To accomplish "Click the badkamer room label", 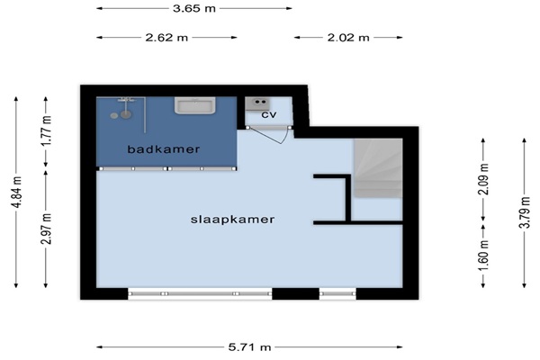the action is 164,149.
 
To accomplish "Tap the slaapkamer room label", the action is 233,220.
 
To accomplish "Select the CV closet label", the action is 268,114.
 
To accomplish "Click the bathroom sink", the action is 195,105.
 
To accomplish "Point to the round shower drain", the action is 114,116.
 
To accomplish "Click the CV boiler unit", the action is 257,103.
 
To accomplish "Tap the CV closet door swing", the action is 268,135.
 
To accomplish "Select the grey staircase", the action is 378,168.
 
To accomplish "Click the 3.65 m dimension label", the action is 194,8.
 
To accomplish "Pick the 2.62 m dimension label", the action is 166,37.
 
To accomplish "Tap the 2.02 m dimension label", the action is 348,37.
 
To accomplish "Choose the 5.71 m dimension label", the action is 249,346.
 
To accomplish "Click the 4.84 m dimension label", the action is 17,193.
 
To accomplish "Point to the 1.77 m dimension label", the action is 47,130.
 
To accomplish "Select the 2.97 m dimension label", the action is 47,229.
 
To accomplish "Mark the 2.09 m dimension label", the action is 483,179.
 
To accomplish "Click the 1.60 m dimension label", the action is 483,256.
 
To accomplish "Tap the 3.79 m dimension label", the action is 525,211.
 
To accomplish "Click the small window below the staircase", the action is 337,293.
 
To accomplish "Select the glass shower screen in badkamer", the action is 145,115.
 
